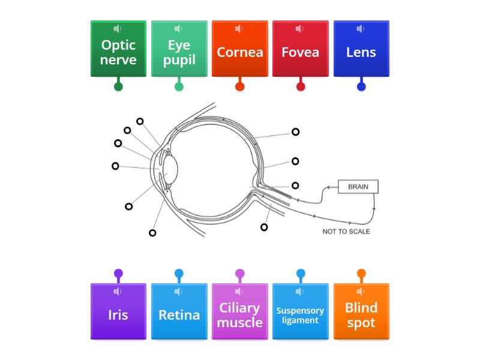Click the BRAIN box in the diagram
(x=358, y=187)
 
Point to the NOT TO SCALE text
(x=346, y=232)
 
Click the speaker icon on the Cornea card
(x=239, y=29)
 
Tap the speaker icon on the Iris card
(x=118, y=292)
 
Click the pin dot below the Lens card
(x=361, y=86)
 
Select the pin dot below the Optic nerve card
(x=118, y=86)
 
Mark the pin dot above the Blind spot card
(x=361, y=274)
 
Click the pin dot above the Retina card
(x=179, y=274)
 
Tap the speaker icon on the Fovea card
(x=300, y=29)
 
